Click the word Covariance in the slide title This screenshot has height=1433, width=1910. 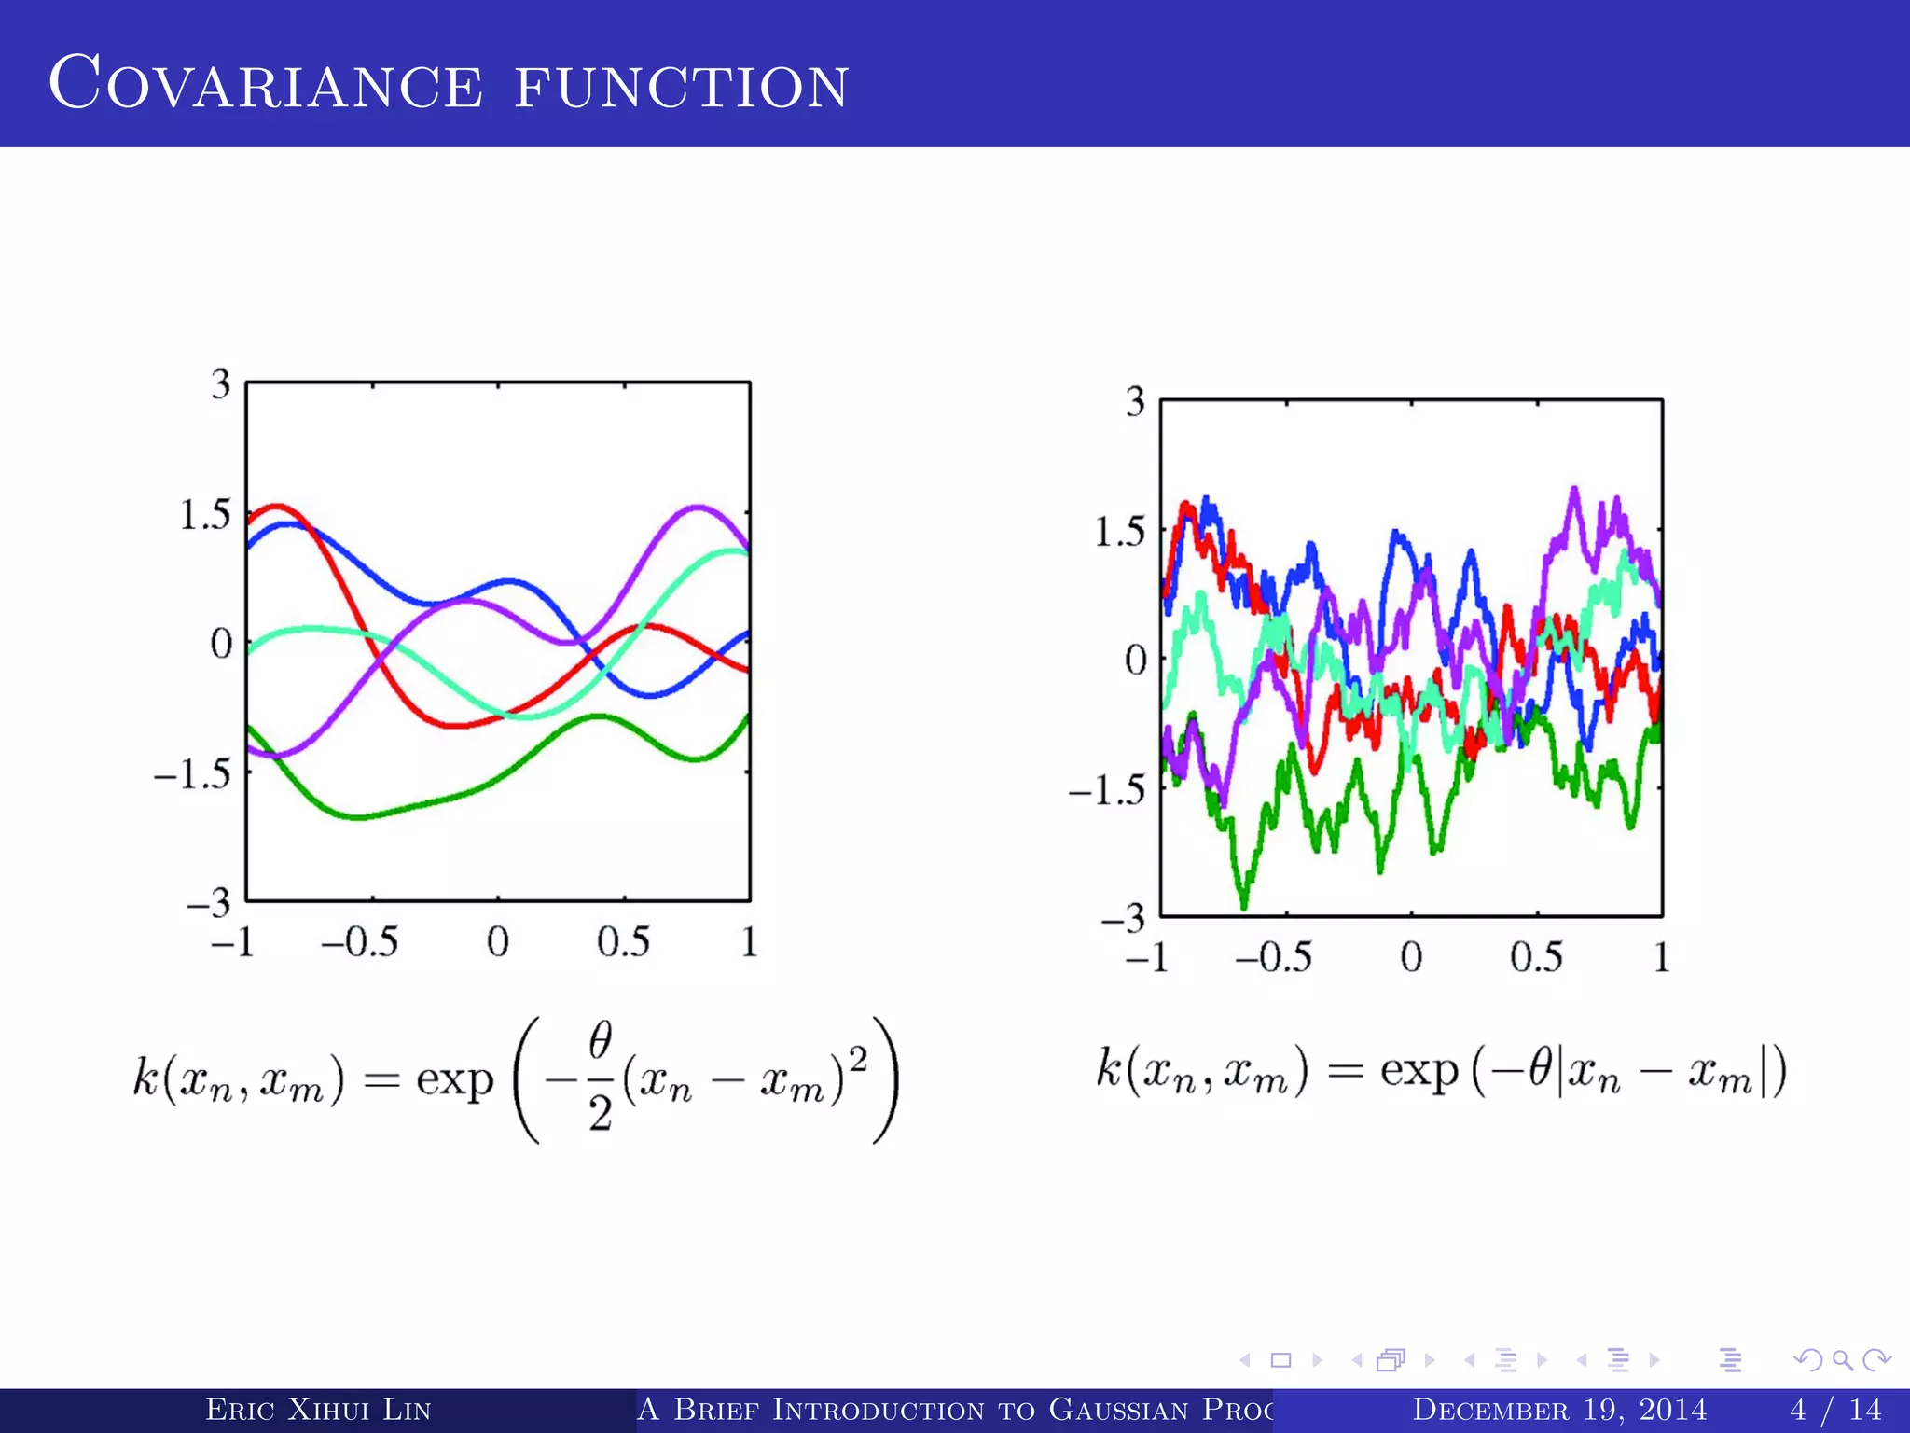(x=266, y=84)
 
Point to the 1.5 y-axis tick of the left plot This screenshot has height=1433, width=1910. (x=204, y=515)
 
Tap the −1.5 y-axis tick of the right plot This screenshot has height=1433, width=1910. (x=1107, y=790)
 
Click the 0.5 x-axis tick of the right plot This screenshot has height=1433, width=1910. (x=1536, y=957)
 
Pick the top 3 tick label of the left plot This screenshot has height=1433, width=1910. (x=220, y=384)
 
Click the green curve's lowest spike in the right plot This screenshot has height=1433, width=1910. (x=1243, y=905)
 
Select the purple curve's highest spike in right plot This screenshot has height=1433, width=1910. (x=1575, y=489)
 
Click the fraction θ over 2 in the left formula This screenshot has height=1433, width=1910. (x=600, y=1078)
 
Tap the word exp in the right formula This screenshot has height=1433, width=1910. (x=1419, y=1071)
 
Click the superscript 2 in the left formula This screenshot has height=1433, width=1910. (x=858, y=1059)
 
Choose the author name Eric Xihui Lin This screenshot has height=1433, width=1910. (x=318, y=1409)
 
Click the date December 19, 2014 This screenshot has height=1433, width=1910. (x=1559, y=1409)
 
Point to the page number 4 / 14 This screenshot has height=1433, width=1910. (x=1835, y=1409)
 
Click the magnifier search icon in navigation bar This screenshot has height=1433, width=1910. (x=1842, y=1360)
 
